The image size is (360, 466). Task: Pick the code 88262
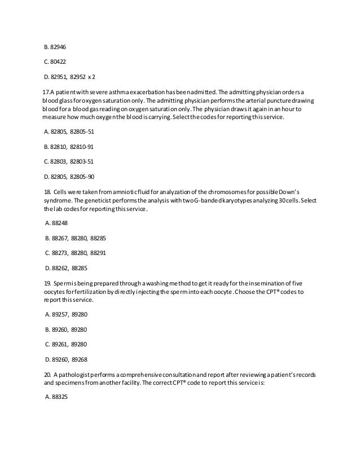(x=58, y=268)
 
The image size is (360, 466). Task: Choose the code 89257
(x=58, y=313)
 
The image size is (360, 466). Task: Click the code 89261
(x=58, y=343)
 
